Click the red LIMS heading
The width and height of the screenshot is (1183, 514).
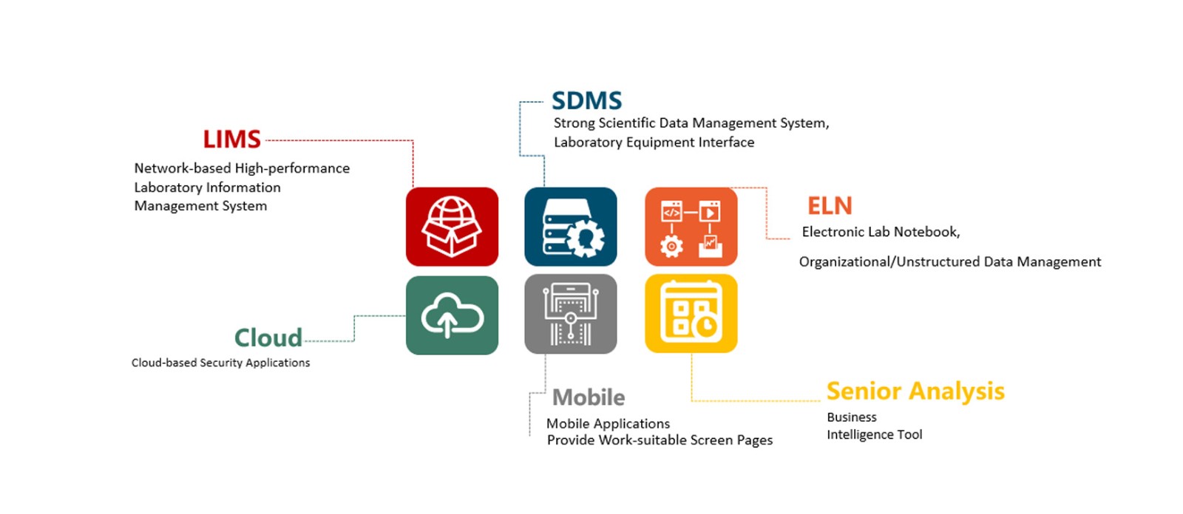231,139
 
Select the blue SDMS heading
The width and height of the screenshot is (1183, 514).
586,100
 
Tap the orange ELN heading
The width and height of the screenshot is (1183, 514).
830,205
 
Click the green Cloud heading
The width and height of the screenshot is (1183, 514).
268,337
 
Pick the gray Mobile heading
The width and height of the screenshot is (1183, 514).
589,397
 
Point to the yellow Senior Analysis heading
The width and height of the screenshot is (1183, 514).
915,391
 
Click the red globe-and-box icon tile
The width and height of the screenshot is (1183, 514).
452,227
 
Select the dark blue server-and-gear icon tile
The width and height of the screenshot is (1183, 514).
570,227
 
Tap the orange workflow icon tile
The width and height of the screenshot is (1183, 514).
691,227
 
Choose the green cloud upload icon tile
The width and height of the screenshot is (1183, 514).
452,315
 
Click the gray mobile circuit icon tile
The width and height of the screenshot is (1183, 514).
570,314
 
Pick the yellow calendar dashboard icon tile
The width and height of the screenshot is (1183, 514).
691,314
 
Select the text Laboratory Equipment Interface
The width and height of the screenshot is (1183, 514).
654,143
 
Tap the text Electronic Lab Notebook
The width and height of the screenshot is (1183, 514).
880,232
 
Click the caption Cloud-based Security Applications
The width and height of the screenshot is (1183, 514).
220,363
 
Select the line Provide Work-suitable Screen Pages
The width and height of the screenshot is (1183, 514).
660,440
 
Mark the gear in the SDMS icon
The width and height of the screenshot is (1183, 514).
585,238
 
